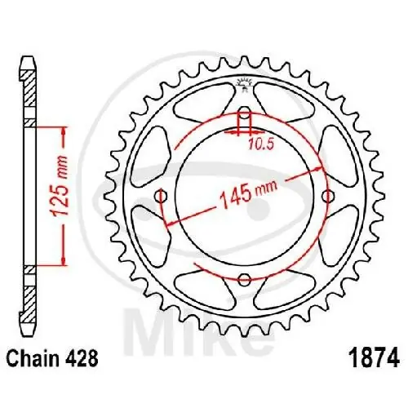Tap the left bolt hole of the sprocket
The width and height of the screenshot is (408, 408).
[x=160, y=196]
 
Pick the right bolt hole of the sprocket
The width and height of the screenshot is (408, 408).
[x=328, y=196]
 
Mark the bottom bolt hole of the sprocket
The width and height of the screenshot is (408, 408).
[x=244, y=280]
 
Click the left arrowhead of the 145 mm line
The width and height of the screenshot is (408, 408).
[x=166, y=222]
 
